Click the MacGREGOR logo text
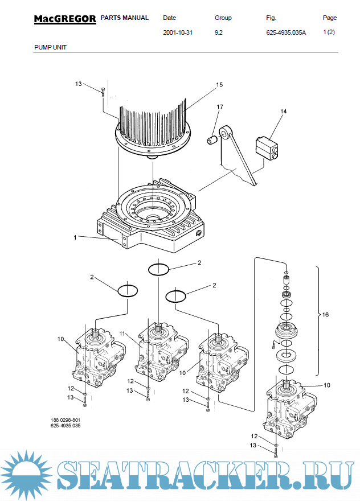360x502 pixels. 64,19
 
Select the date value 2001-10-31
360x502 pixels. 178,33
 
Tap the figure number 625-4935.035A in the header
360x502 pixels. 286,33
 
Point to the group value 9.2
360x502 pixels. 218,33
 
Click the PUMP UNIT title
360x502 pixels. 50,47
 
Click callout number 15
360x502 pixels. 219,85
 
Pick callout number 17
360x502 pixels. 219,107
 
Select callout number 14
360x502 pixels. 283,112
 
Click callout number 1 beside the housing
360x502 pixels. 75,237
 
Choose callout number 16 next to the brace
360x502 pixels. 326,314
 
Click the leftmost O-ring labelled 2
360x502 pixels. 128,290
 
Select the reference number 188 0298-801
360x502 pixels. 64,420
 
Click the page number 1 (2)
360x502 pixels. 329,32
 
